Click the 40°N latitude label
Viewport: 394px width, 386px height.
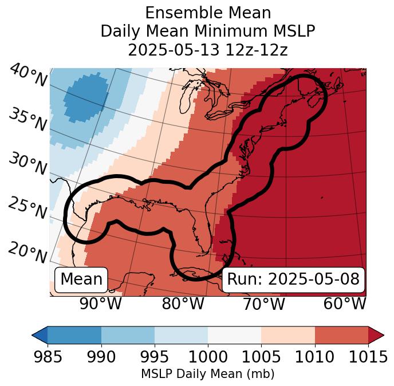tap(28, 76)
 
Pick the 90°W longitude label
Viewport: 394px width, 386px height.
tap(101, 304)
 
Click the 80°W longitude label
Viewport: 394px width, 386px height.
tap(183, 304)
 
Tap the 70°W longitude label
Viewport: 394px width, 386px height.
tap(263, 304)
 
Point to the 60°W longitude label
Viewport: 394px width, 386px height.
tap(344, 304)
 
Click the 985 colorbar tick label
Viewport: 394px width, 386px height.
tap(48, 357)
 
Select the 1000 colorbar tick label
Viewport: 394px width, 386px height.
tap(207, 357)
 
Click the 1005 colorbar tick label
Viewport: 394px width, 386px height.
tap(261, 357)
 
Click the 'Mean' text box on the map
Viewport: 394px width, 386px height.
tap(81, 279)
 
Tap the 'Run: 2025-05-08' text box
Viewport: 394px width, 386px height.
tap(293, 279)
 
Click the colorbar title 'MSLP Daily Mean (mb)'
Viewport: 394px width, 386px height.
tap(207, 374)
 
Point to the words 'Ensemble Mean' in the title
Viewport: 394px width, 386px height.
tap(208, 13)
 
